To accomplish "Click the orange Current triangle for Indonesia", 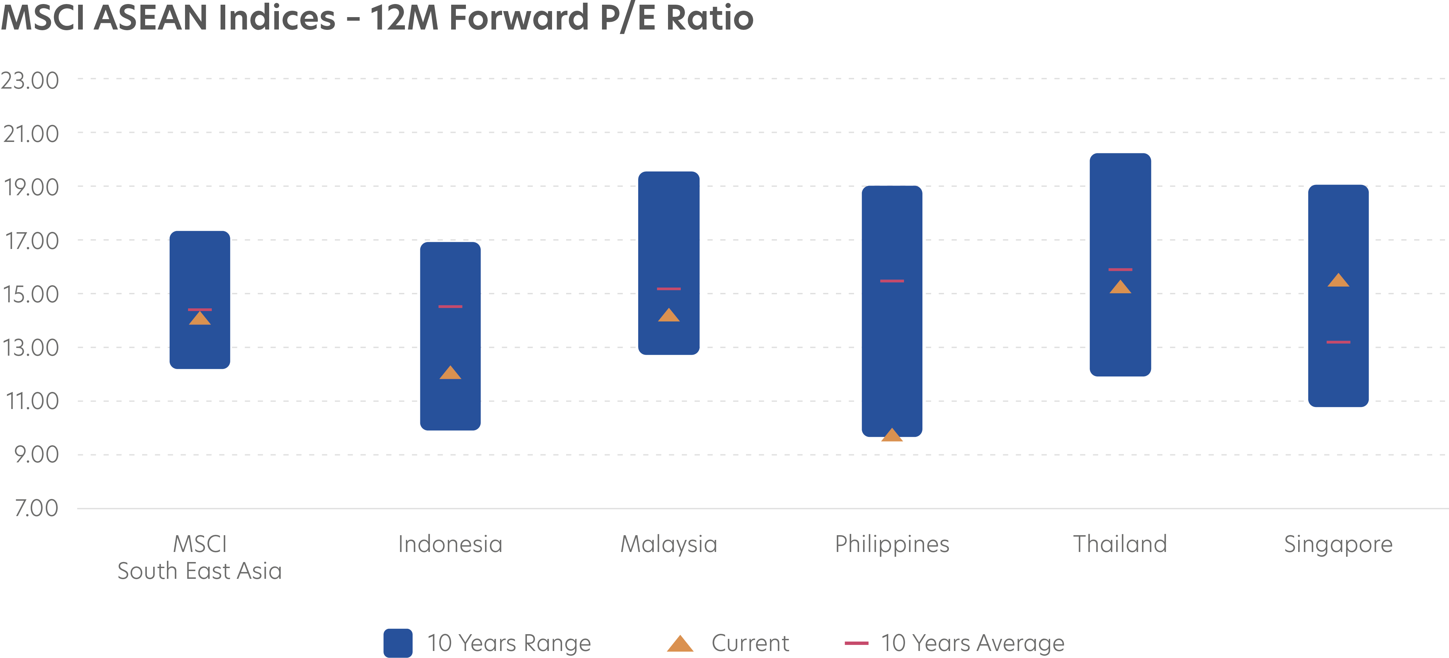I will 450,373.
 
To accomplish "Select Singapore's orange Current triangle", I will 1338,281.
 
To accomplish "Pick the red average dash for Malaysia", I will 669,289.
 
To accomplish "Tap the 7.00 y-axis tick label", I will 36,508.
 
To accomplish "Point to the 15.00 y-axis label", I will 31,294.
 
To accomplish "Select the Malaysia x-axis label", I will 669,544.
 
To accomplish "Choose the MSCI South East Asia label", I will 200,558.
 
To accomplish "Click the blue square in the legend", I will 398,643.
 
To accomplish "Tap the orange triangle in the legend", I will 680,644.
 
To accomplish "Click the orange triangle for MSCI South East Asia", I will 200,318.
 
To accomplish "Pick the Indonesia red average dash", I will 450,307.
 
